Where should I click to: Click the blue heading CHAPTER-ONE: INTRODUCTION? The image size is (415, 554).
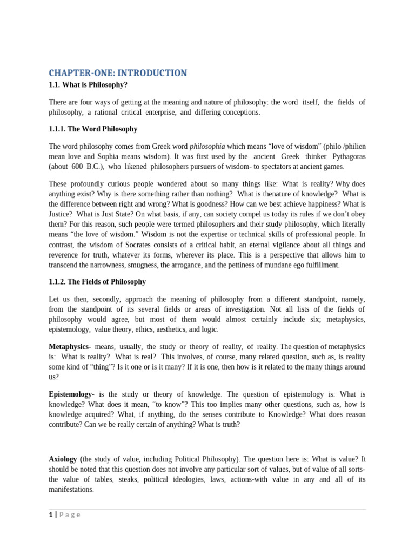pos(118,73)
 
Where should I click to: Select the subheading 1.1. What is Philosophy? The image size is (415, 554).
pos(88,85)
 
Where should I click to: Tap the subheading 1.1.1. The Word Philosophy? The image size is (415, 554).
pos(93,129)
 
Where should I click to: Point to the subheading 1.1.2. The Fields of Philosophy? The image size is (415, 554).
pos(97,282)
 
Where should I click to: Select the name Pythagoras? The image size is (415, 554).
pos(344,156)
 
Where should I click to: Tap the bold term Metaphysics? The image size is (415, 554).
pos(69,346)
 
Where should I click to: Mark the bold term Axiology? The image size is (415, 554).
pos(64,459)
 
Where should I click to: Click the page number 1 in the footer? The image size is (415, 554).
pos(51,515)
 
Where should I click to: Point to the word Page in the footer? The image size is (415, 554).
pos(70,515)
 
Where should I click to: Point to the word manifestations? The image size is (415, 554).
pos(71,490)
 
